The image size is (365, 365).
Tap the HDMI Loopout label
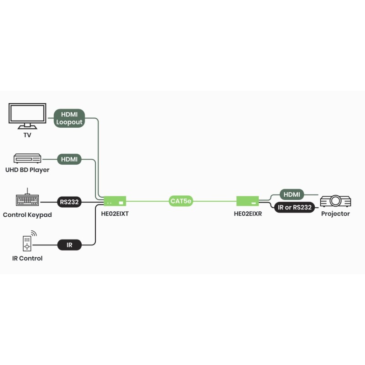(x=69, y=118)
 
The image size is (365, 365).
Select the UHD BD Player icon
(x=28, y=159)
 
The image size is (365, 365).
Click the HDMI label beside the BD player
(x=69, y=159)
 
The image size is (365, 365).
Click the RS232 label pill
(x=69, y=202)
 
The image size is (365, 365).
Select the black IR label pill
(x=69, y=245)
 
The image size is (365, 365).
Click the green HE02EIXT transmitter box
(x=115, y=201)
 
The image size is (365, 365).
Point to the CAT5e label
(x=181, y=201)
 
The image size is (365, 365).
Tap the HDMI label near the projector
(x=292, y=194)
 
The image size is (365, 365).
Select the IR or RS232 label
(x=295, y=208)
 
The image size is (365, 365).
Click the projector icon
(x=335, y=201)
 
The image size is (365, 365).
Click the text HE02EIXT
(x=115, y=214)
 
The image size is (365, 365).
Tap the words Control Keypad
(x=27, y=214)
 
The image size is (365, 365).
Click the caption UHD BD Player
(x=28, y=170)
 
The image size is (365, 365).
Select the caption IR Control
(x=27, y=258)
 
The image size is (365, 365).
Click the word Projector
(x=335, y=214)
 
